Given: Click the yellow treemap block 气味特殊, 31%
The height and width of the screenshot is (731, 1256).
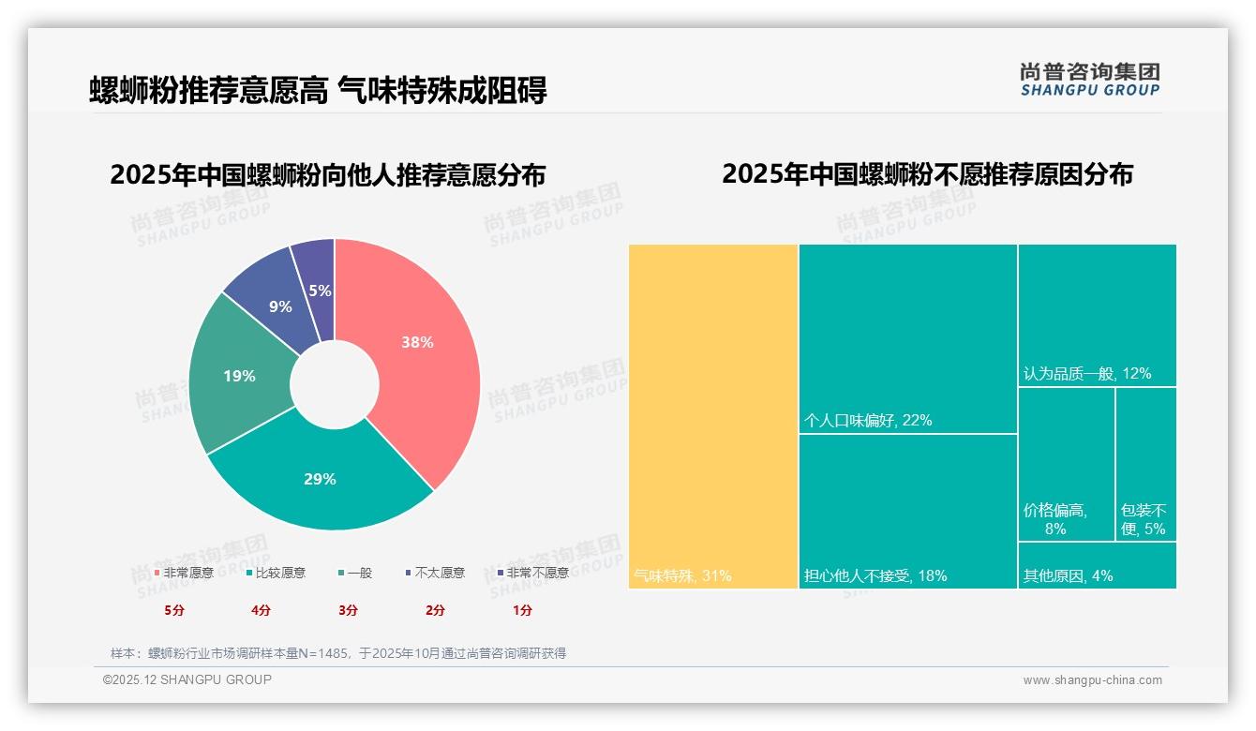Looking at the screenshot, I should pos(712,412).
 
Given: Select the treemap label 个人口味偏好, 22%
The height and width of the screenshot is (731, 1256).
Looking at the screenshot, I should pos(868,421).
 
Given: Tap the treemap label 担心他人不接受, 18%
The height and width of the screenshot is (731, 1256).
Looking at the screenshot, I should pos(875,575).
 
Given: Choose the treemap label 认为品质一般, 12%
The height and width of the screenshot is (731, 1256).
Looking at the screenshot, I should pos(1087,373).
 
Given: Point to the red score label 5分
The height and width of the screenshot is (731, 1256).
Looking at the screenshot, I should pos(174,610).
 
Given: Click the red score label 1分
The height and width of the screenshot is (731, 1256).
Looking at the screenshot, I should pos(522,610).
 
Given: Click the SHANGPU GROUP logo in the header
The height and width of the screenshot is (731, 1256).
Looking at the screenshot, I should pos(1089,80).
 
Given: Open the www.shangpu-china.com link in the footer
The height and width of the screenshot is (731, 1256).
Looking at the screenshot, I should pos(1092,680).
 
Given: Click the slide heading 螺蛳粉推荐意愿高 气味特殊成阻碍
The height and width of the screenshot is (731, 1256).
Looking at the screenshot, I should pos(318,90).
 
